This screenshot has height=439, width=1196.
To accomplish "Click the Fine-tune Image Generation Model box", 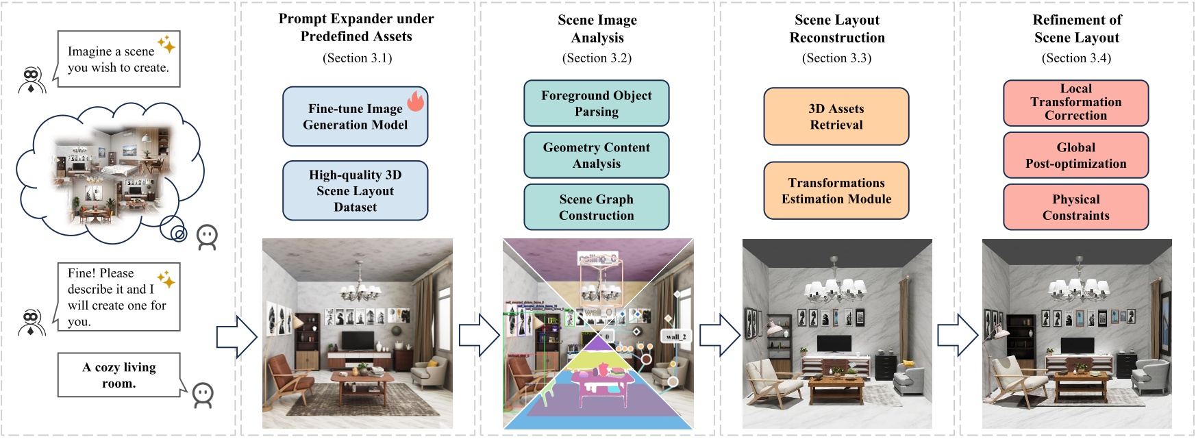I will tap(355, 116).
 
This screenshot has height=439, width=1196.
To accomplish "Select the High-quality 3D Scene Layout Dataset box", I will tap(355, 190).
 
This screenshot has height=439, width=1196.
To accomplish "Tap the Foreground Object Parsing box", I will tap(596, 103).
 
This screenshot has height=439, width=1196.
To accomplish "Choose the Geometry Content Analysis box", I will tap(596, 155).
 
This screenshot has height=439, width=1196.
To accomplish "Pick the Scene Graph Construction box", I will tap(596, 207).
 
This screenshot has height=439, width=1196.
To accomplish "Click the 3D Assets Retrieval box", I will tap(836, 116).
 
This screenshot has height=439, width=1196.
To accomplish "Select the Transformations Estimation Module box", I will tap(836, 190).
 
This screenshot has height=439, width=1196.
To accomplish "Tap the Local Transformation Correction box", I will tap(1075, 102).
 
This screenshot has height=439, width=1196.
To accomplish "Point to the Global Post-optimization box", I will tap(1075, 155).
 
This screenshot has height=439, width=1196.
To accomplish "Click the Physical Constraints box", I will tap(1075, 207).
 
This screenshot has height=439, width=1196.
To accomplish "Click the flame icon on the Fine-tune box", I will tap(416, 101).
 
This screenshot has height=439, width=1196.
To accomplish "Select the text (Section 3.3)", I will tap(836, 58).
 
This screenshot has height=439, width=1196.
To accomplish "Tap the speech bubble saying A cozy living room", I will tap(119, 375).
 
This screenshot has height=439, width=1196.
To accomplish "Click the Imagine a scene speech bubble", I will tap(119, 59).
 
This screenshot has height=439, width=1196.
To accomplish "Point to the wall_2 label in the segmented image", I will tap(675, 336).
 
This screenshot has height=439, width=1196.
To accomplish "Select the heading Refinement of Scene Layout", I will tap(1077, 29).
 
